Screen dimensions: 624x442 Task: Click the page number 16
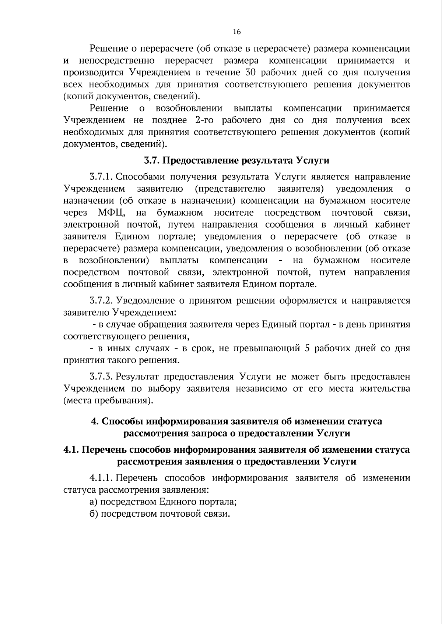(237, 32)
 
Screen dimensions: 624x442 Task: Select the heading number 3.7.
(151, 161)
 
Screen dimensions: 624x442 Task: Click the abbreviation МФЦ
(112, 213)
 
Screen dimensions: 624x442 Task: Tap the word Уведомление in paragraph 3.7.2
(145, 301)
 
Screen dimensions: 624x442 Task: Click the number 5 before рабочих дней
(307, 348)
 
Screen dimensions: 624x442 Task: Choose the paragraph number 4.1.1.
(101, 478)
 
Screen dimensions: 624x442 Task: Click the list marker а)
(94, 502)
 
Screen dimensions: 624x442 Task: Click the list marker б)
(94, 514)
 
